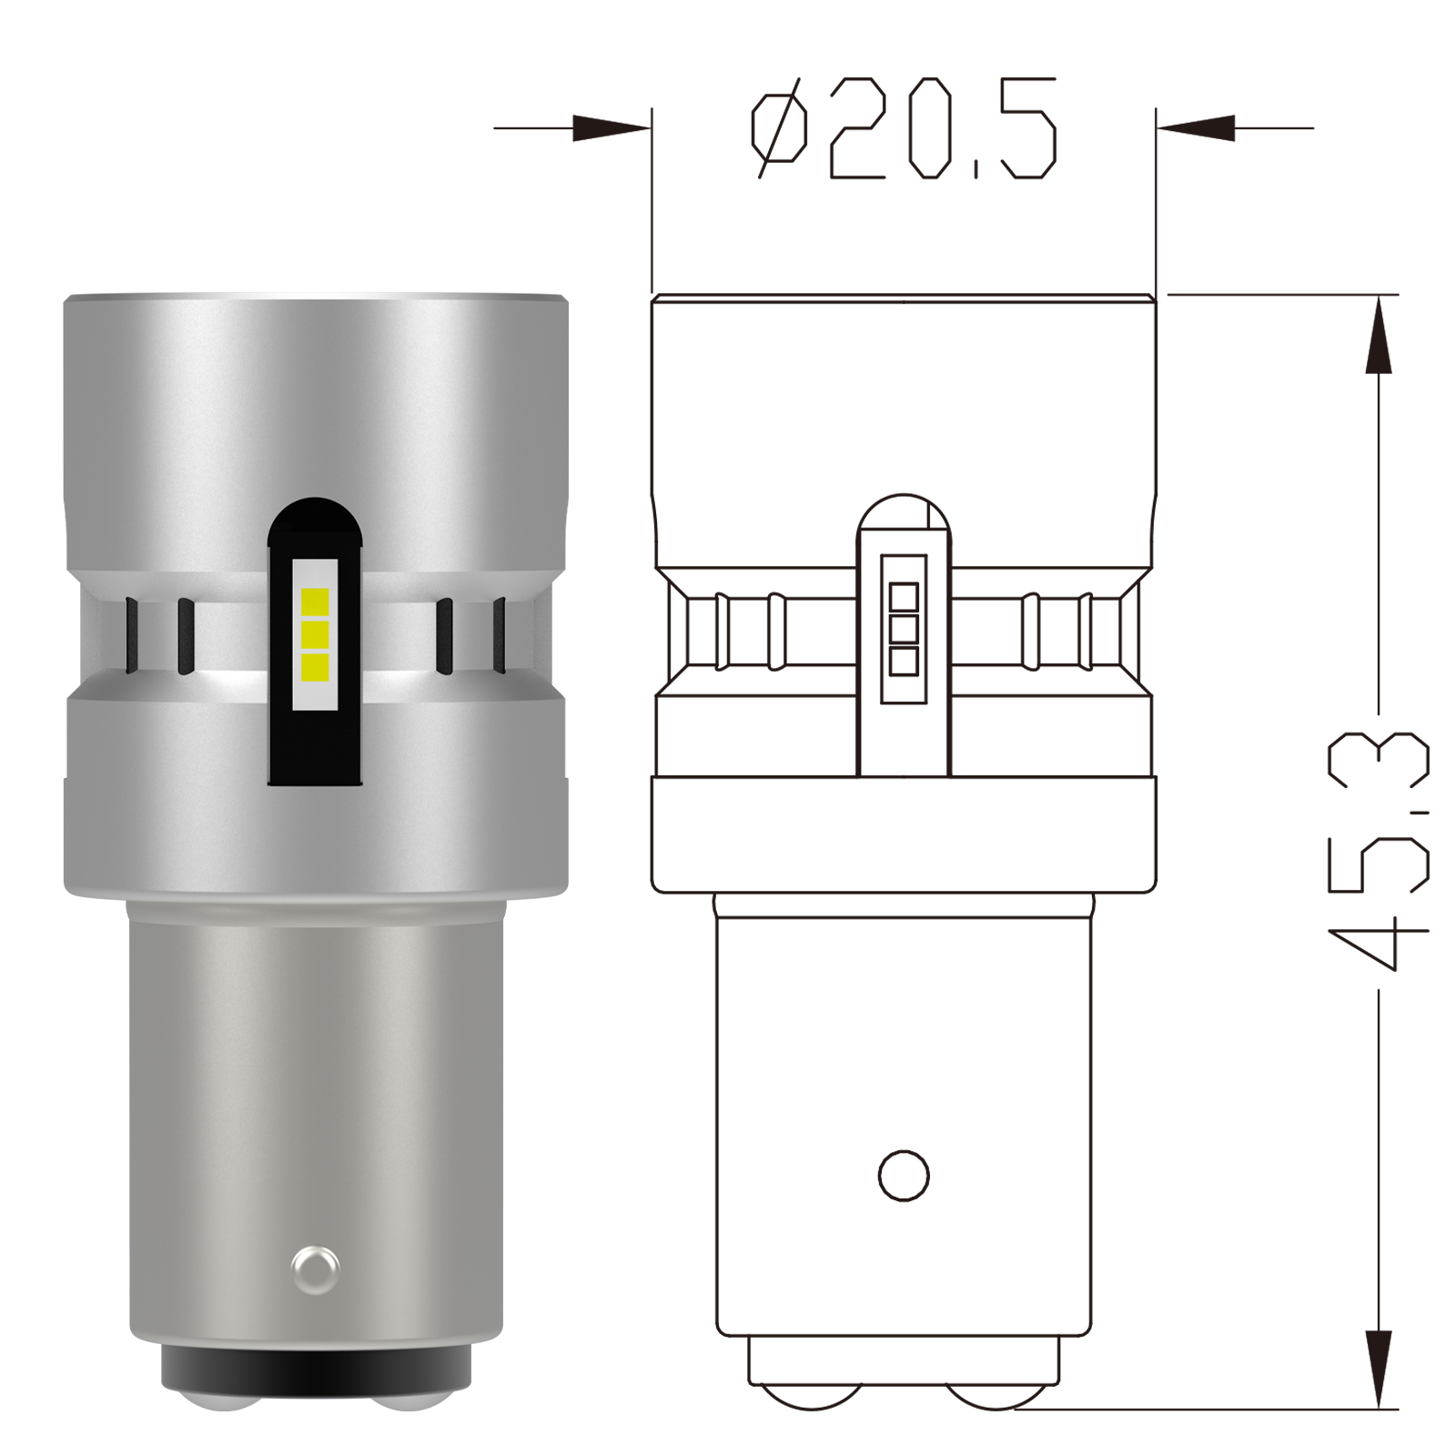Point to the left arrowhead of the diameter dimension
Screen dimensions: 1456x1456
[614, 129]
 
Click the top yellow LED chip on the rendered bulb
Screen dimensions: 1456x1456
[316, 602]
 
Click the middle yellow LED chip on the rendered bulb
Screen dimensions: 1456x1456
[316, 634]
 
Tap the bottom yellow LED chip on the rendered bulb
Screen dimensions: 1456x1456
[316, 667]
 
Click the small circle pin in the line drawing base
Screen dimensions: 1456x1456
[904, 1175]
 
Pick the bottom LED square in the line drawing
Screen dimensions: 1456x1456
[904, 661]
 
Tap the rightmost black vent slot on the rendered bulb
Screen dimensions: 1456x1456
[498, 634]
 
